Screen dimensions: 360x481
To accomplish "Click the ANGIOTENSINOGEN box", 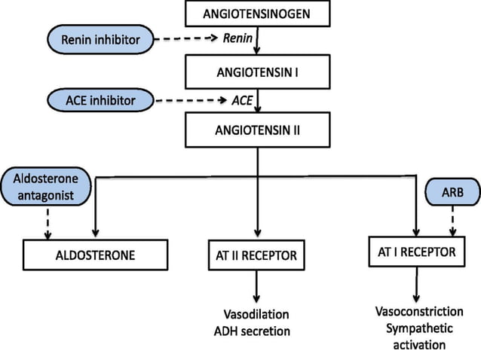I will tap(256, 14).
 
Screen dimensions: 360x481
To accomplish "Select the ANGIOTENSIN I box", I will tap(256, 75).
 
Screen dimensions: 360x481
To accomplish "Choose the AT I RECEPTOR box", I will tap(416, 252).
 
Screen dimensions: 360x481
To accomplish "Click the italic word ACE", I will tap(240, 99).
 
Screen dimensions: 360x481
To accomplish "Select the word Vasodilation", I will tap(256, 313).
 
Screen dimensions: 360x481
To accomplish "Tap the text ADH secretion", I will tap(256, 330).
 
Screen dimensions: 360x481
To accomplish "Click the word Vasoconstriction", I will tap(418, 311).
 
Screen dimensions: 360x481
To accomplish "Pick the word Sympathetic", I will tap(418, 328).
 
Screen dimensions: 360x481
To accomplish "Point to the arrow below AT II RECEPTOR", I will tap(257, 286).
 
